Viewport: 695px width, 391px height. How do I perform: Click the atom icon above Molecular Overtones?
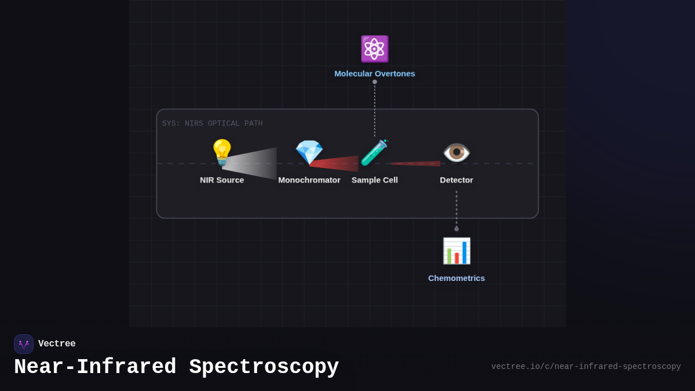point(375,49)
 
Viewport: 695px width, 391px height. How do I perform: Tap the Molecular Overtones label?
point(375,74)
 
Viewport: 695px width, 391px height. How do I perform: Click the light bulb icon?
point(222,152)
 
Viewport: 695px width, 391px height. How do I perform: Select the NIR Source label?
point(222,180)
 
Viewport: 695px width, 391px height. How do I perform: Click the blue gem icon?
point(309,152)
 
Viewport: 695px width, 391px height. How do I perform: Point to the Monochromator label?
point(309,180)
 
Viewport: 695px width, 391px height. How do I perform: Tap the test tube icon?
point(374,152)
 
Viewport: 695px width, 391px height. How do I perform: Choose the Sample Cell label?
point(375,180)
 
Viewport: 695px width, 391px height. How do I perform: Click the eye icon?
point(456,152)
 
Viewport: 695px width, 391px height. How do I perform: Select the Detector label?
point(456,180)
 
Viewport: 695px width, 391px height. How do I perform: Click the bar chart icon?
point(456,251)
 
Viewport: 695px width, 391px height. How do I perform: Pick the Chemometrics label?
point(456,278)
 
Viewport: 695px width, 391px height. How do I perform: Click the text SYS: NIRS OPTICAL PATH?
point(212,123)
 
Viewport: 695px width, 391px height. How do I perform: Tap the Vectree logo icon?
point(24,344)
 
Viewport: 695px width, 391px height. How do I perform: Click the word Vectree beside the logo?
point(57,344)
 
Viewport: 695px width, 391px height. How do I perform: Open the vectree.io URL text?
point(586,367)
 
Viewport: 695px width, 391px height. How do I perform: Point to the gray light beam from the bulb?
point(255,163)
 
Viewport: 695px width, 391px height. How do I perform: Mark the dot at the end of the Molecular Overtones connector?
point(375,82)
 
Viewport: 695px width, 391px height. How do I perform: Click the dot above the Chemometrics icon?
point(456,229)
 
